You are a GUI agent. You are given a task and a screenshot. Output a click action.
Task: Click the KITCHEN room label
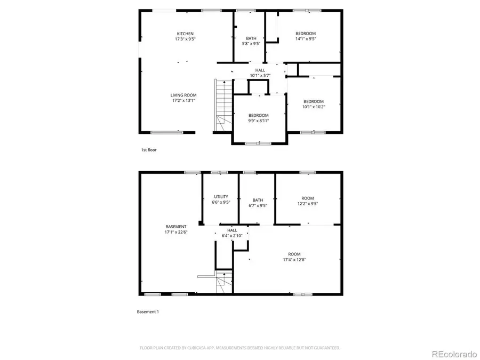(185, 34)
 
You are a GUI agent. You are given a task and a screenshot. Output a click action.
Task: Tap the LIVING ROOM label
(183, 95)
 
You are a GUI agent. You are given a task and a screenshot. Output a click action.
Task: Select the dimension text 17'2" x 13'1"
(183, 100)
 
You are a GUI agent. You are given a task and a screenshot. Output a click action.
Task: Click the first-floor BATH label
(251, 38)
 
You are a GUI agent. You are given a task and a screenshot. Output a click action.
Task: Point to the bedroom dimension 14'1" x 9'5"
(306, 39)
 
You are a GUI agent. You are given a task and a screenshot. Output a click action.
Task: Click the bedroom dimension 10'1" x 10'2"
(313, 107)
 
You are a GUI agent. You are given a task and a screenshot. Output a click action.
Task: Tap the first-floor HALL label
(260, 70)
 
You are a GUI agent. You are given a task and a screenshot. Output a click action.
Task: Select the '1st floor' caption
(148, 150)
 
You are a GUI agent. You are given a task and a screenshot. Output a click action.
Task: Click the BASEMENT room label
(175, 227)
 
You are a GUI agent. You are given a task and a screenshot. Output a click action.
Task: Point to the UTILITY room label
(221, 197)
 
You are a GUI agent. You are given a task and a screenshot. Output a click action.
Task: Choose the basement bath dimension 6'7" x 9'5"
(258, 205)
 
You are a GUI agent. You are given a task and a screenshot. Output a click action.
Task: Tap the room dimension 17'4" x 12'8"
(294, 260)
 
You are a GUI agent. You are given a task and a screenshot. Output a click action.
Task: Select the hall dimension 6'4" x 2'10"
(232, 235)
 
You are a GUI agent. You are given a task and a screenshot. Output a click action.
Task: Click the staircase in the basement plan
(225, 282)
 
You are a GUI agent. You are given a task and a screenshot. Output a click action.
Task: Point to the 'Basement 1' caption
(148, 311)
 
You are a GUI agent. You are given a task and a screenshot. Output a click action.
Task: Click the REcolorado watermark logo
(454, 353)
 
